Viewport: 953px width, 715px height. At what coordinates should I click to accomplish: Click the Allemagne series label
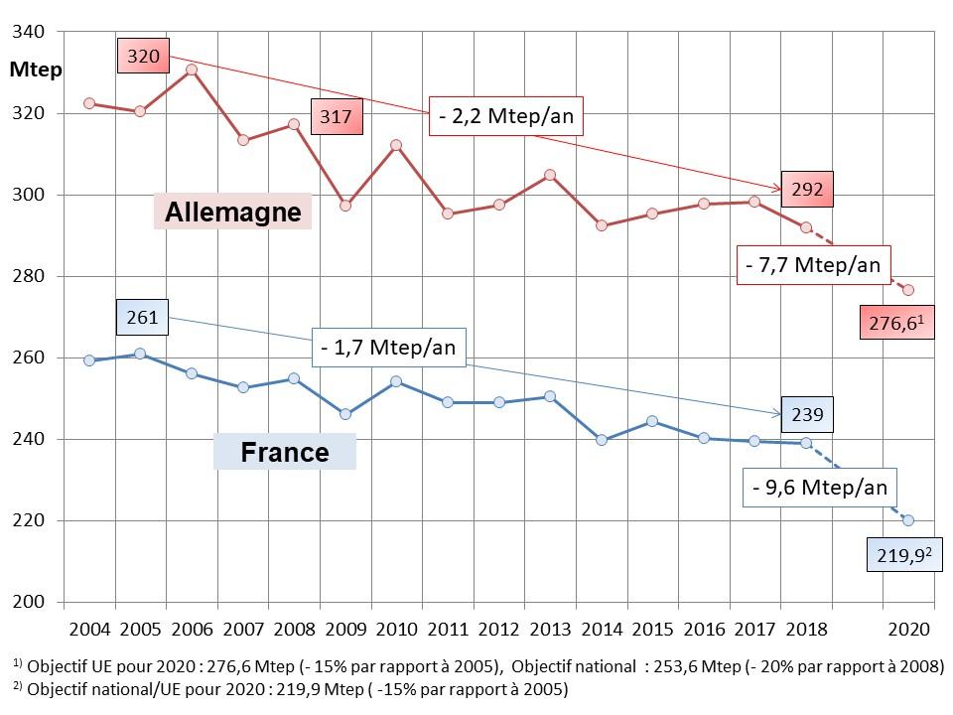click(232, 212)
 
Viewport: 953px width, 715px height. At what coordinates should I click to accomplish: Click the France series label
click(285, 453)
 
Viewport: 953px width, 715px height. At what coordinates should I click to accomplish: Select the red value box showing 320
click(143, 57)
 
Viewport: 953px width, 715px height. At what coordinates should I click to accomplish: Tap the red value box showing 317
click(337, 117)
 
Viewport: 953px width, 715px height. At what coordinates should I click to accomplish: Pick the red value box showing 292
click(807, 188)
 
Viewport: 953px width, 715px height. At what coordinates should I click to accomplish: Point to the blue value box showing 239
click(807, 414)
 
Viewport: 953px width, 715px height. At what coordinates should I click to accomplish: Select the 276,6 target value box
click(897, 323)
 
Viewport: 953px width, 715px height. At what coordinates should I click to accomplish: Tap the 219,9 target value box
click(897, 557)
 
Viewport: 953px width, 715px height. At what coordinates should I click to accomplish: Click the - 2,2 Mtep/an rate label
click(505, 118)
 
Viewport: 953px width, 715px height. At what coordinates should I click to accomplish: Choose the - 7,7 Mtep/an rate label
click(813, 265)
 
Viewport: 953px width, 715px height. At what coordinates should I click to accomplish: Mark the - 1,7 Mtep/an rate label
click(389, 348)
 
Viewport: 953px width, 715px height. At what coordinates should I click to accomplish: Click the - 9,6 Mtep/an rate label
click(819, 488)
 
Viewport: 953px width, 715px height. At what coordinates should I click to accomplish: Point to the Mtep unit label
click(37, 70)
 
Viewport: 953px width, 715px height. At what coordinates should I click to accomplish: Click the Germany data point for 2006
click(192, 70)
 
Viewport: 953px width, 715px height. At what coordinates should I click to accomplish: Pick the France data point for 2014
click(601, 440)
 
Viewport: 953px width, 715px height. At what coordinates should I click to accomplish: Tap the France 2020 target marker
click(908, 520)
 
